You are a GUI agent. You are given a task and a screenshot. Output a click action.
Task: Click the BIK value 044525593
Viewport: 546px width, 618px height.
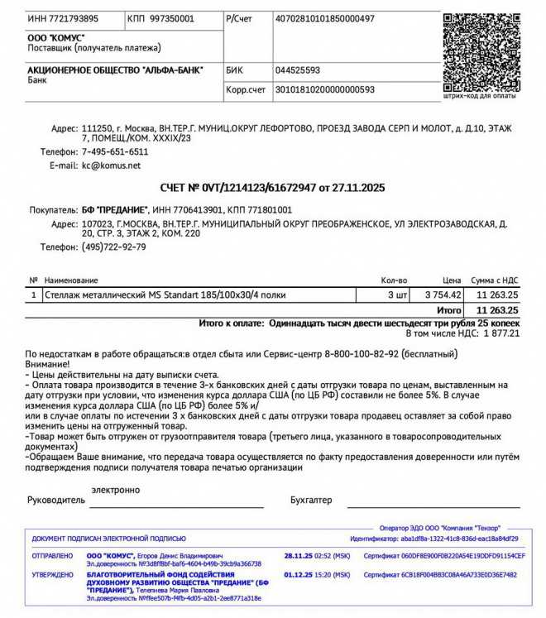[x=297, y=70]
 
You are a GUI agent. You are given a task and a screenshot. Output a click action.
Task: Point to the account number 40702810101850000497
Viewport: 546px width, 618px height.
[x=324, y=18]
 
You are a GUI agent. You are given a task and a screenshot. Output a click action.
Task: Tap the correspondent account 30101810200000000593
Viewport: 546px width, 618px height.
[x=324, y=89]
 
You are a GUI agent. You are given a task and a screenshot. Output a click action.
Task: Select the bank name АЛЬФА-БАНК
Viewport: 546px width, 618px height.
[x=115, y=70]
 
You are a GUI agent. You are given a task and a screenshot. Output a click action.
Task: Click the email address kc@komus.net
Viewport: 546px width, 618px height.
[x=111, y=165]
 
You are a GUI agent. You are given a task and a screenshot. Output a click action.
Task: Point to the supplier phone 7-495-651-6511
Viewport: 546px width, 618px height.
[x=115, y=152]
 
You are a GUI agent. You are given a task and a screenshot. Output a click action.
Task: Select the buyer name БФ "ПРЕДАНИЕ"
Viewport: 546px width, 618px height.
[x=115, y=210]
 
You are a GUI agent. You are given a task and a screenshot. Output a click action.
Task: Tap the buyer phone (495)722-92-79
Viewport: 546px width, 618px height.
[x=113, y=247]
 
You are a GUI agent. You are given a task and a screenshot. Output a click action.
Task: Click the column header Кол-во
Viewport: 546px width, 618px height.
[x=394, y=280]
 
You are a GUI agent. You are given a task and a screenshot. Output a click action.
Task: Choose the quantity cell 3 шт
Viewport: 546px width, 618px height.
[x=397, y=295]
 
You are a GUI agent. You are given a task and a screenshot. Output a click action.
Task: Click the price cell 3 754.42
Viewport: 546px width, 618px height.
[x=443, y=295]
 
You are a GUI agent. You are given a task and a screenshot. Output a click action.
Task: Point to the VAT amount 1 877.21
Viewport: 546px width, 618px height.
[x=500, y=333]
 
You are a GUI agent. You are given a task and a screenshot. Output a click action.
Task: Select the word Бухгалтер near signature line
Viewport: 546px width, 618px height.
[x=311, y=500]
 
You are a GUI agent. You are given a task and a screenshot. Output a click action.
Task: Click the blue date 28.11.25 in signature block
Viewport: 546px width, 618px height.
[x=298, y=556]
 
